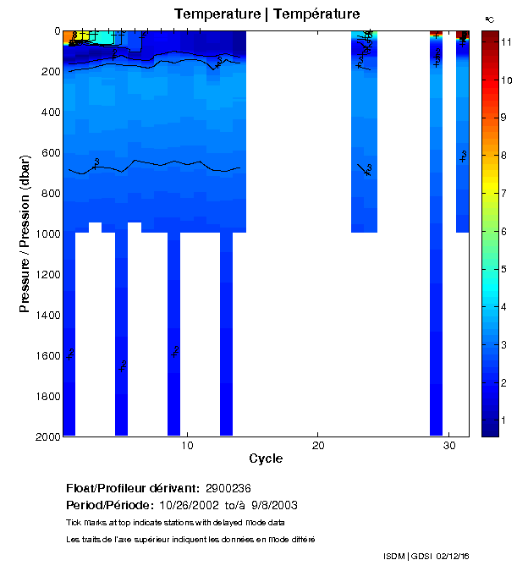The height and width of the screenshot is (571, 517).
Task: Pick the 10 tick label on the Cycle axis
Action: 188,446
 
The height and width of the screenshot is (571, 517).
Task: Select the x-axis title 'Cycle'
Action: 266,458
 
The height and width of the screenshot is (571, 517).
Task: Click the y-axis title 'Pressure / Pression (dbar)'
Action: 25,233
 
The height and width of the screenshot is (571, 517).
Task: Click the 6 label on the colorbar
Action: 506,231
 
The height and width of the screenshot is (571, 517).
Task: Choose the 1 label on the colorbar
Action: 506,420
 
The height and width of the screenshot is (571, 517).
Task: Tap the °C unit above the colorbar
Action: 490,19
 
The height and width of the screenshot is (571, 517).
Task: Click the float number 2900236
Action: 228,488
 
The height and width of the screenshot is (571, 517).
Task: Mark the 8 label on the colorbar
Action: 506,155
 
